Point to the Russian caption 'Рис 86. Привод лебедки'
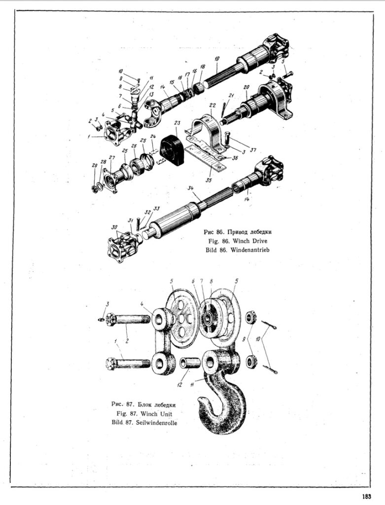pos(238,231)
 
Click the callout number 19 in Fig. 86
pos(216,58)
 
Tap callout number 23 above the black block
pos(177,122)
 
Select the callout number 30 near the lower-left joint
pos(115,227)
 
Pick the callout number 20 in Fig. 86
pos(246,87)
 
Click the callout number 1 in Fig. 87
pos(115,341)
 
